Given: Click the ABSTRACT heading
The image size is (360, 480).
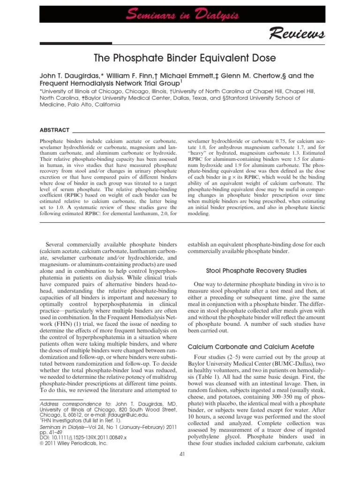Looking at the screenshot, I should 54,130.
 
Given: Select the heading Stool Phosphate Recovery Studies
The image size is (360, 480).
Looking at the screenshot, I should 256,270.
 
